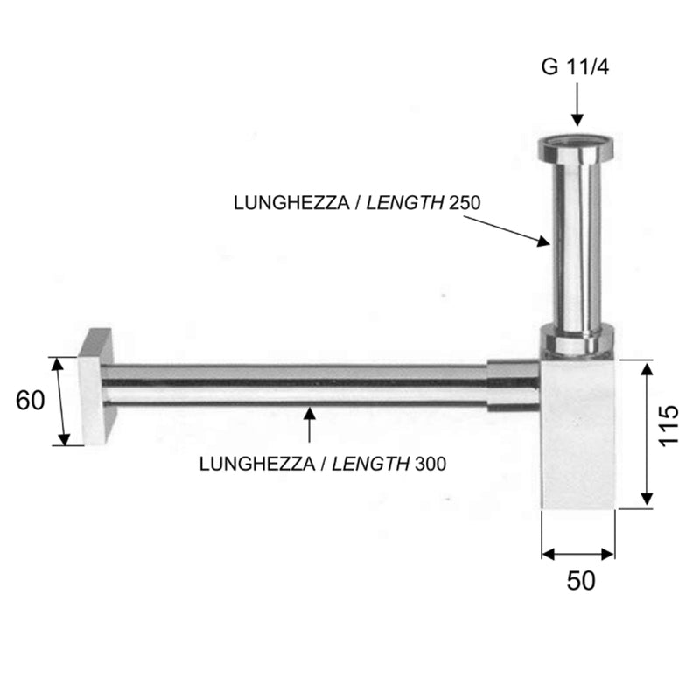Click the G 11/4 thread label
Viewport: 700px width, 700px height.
click(x=575, y=67)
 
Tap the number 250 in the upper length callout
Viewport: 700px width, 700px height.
click(x=465, y=203)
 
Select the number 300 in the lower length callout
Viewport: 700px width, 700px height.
click(x=430, y=465)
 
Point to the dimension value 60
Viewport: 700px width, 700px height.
click(x=31, y=401)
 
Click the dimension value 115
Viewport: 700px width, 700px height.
click(x=668, y=425)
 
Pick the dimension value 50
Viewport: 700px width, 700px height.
click(x=581, y=581)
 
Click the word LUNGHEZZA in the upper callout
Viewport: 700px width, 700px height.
click(x=291, y=203)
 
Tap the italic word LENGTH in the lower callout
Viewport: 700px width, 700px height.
click(x=370, y=465)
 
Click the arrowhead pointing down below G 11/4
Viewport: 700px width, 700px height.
click(x=577, y=120)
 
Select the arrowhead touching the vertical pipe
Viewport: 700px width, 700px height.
click(x=543, y=241)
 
